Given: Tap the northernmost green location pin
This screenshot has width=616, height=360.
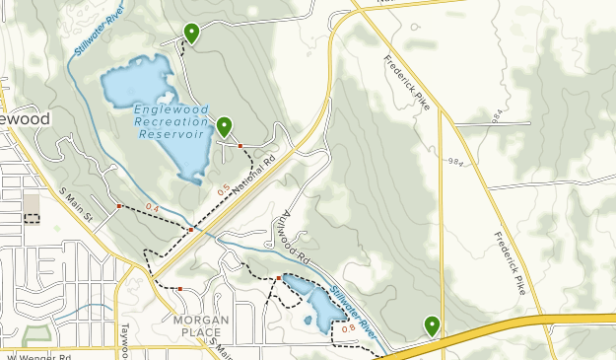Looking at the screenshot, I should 191,34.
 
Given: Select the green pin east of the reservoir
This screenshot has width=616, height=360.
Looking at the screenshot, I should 225,126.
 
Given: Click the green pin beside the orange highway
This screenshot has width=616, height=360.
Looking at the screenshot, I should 432,324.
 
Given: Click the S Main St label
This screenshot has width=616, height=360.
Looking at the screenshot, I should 75,203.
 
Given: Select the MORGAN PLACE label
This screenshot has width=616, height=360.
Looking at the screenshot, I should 201,325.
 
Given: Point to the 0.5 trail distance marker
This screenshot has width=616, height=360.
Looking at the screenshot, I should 223,188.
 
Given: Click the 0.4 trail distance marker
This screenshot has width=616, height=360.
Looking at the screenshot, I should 151,207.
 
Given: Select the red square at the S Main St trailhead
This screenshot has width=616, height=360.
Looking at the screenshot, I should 119,206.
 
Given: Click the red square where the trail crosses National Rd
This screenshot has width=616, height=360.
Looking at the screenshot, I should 190,230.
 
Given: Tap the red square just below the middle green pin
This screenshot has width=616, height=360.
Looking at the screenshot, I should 240,146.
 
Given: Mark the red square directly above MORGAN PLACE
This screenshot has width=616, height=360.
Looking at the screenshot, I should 180,289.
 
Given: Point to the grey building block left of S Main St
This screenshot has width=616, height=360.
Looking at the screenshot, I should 33,203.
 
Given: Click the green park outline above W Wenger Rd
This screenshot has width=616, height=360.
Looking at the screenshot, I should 36,336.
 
